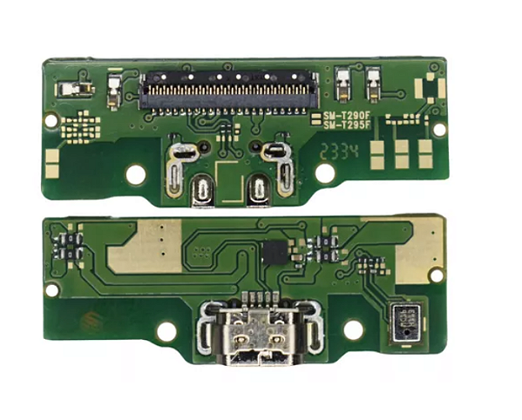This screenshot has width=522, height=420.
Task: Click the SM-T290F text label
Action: click(347, 115)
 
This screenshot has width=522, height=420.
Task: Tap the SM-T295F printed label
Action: click(347, 125)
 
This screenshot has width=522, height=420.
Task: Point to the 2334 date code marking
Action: click(340, 152)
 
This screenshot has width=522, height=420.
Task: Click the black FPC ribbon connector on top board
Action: click(229, 90)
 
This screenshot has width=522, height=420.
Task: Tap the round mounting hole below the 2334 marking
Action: click(325, 173)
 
